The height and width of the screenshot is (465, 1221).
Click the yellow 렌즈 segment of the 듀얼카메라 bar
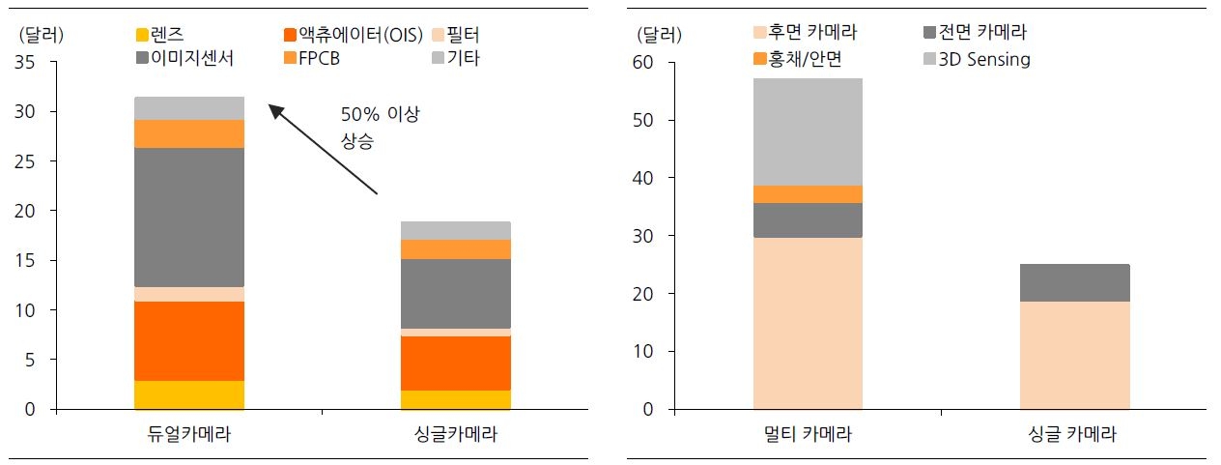189,394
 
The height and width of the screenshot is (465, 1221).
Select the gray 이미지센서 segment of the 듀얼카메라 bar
189,217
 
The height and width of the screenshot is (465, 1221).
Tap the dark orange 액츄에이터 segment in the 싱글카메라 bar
456,363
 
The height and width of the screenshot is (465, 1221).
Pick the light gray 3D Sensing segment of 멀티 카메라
808,131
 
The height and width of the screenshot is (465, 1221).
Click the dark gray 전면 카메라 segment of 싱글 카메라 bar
1074,282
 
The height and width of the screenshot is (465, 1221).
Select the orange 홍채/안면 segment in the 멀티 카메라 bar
808,194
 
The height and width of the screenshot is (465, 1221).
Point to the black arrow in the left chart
323,150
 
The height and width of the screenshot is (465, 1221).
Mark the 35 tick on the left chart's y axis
26,63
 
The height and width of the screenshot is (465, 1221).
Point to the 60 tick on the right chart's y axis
642,63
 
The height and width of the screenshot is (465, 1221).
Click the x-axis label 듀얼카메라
189,435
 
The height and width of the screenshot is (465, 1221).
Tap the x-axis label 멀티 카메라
808,435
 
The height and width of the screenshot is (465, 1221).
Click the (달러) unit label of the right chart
660,36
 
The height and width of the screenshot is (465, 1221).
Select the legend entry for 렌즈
174,36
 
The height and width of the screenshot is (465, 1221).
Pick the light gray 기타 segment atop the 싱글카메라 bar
456,230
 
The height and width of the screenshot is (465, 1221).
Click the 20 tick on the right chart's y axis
642,294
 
